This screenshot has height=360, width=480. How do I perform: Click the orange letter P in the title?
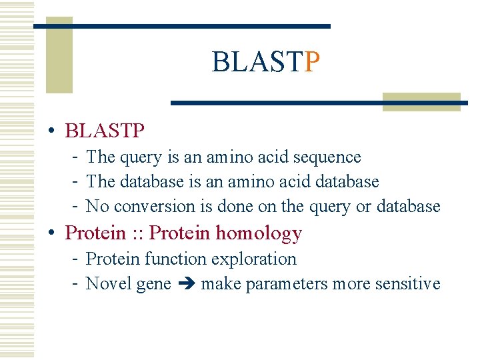pyautogui.click(x=312, y=63)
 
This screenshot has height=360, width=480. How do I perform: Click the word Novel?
pyautogui.click(x=109, y=284)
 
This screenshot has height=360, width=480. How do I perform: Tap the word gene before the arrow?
pyautogui.click(x=153, y=284)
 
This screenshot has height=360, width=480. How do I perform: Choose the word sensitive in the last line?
pyautogui.click(x=408, y=284)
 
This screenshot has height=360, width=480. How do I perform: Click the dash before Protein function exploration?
pyautogui.click(x=77, y=259)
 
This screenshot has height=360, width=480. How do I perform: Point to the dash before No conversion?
pyautogui.click(x=77, y=207)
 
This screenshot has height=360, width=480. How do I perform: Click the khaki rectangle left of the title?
pyautogui.click(x=59, y=60)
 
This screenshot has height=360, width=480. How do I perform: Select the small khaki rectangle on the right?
pyautogui.click(x=421, y=101)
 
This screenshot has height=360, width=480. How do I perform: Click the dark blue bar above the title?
pyautogui.click(x=181, y=26)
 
